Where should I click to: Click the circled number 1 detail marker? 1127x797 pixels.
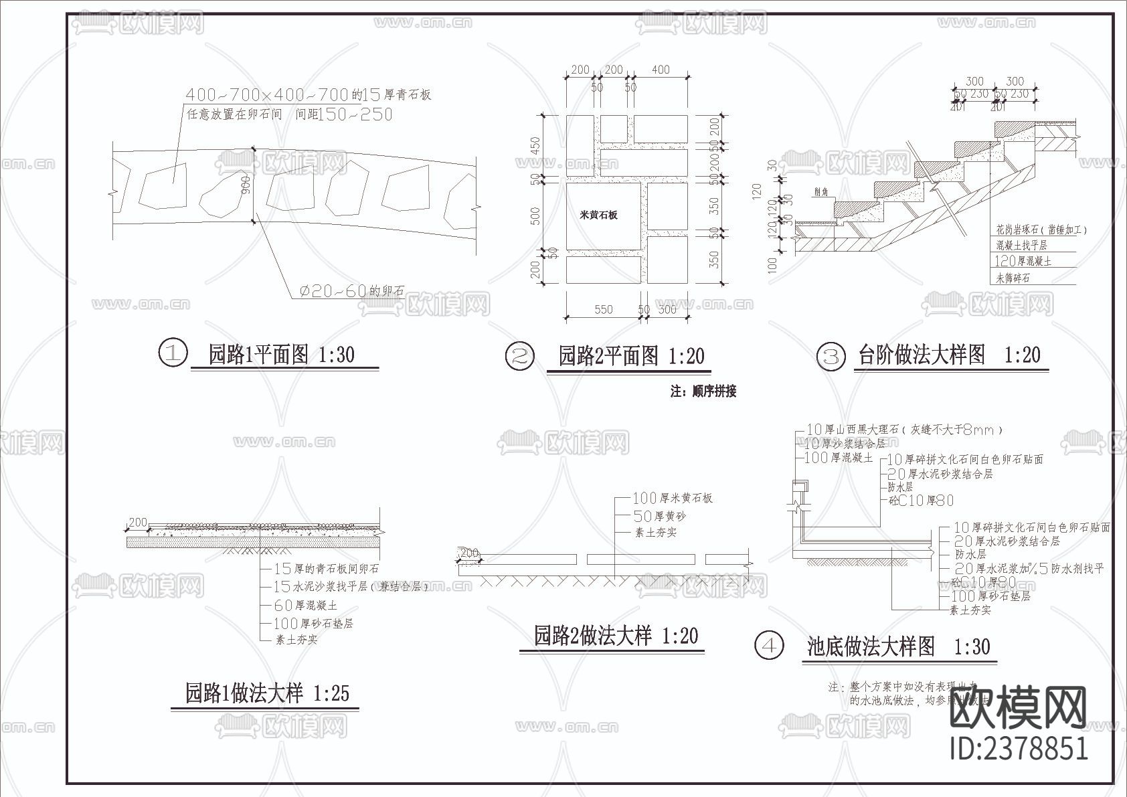click(x=173, y=353)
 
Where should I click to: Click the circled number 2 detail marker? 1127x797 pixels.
click(x=519, y=355)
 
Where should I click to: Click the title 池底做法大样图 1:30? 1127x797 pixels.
click(x=898, y=646)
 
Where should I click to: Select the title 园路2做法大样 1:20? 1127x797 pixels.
click(x=616, y=635)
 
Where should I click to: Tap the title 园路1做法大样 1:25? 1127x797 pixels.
click(x=267, y=693)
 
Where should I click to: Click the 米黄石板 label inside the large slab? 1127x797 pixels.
click(x=598, y=215)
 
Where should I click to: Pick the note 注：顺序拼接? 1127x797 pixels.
click(x=703, y=391)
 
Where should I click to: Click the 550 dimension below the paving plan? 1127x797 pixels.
click(x=604, y=310)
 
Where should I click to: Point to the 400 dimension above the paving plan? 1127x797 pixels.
click(x=661, y=70)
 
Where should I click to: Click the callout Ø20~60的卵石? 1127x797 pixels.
click(x=351, y=291)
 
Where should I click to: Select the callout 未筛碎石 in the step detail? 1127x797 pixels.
click(x=1013, y=277)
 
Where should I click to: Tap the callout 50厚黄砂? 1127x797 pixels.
click(x=659, y=516)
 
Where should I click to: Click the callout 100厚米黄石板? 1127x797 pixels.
click(x=673, y=498)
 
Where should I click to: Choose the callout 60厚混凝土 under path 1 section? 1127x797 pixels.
click(x=305, y=606)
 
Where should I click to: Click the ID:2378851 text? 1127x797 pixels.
click(x=1019, y=747)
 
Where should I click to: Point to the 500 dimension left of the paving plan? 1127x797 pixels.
click(x=535, y=216)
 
